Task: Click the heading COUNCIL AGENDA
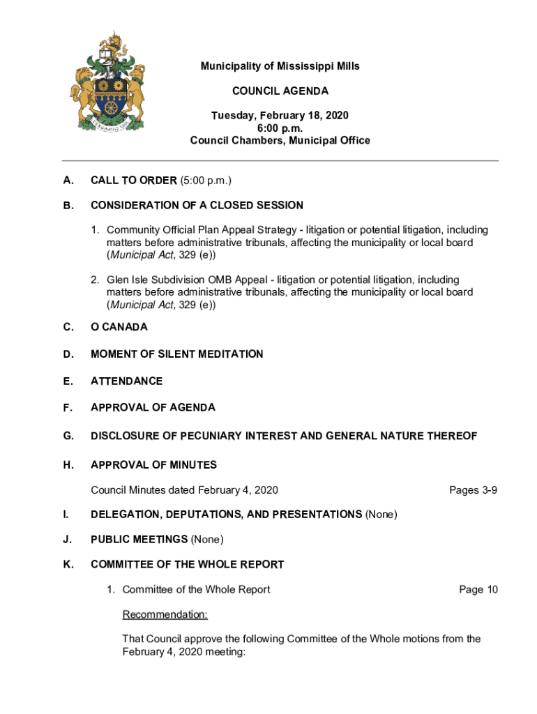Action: [280, 91]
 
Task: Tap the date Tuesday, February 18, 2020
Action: [280, 115]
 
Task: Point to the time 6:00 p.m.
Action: [280, 128]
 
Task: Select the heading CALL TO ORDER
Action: [134, 181]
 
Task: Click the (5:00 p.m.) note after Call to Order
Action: [206, 181]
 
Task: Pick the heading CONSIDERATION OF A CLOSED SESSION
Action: [197, 205]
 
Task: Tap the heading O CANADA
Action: [119, 327]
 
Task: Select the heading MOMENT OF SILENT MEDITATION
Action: [177, 354]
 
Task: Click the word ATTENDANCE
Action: [127, 381]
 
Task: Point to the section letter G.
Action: [68, 436]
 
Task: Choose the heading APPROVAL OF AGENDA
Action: [153, 407]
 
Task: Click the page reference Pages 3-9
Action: [474, 490]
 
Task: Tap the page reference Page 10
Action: [478, 590]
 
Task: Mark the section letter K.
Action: [68, 564]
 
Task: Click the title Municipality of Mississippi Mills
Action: [280, 66]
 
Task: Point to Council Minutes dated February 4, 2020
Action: [184, 490]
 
